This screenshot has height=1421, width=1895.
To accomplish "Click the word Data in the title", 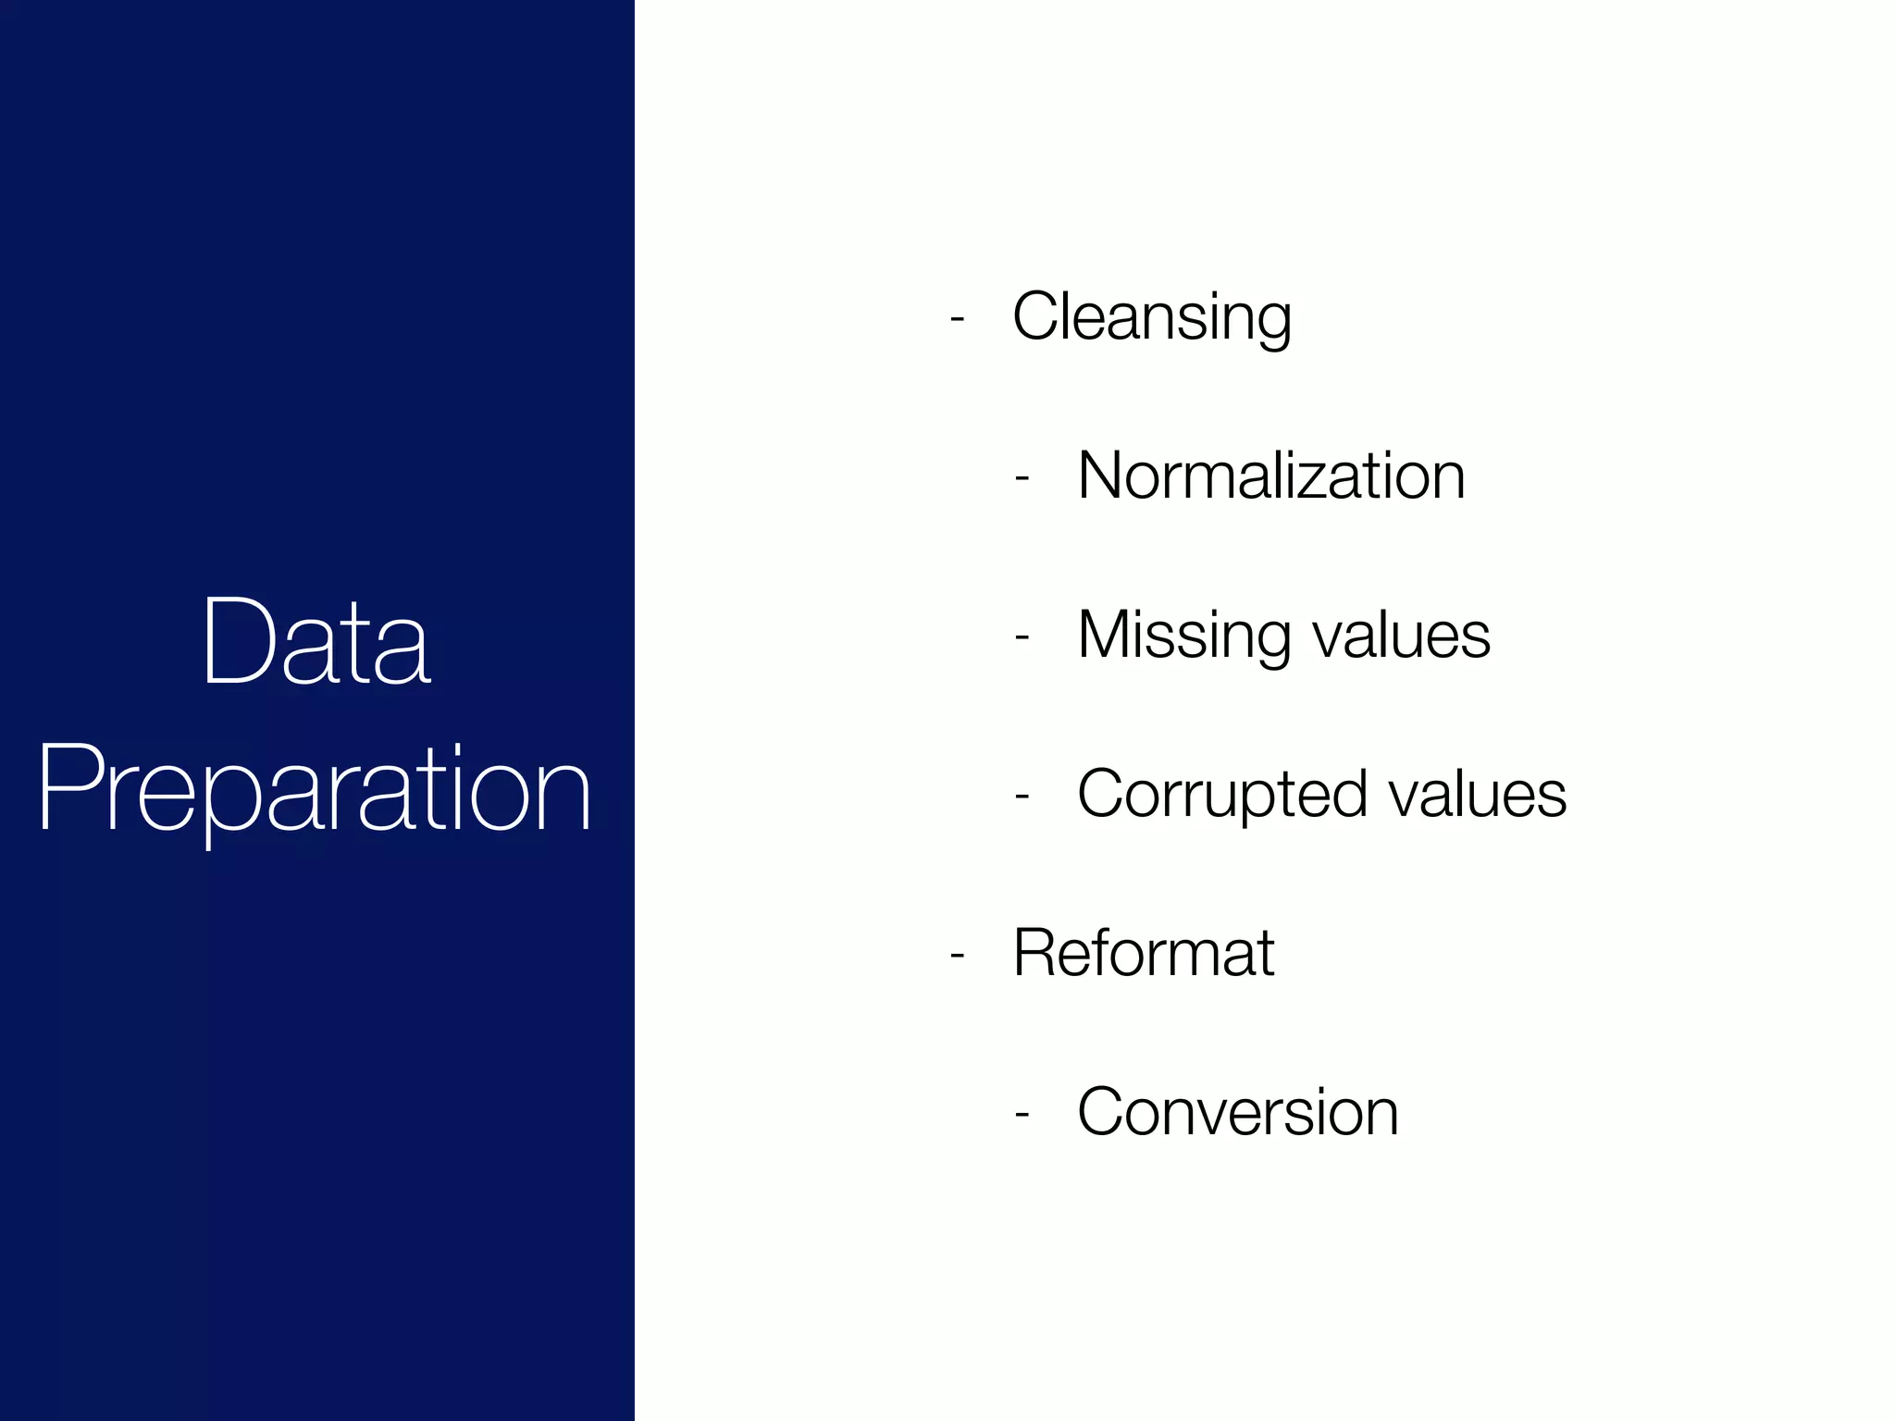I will coord(316,642).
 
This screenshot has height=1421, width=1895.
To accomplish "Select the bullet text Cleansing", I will coord(1151,317).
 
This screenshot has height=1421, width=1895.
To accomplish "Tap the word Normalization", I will coord(1271,476).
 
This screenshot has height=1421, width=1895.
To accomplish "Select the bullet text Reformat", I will coord(1144,953).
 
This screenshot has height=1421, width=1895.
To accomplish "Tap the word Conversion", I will coord(1238,1112).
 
